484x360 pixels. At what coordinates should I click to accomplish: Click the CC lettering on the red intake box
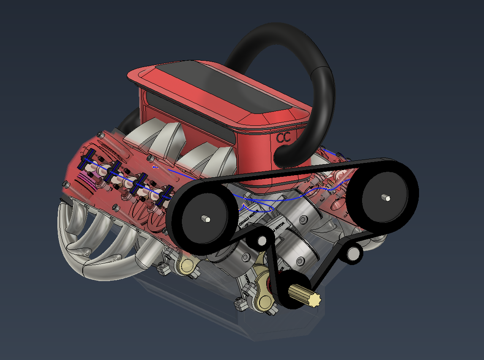click(284, 138)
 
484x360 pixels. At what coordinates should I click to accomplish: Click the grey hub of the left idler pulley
click(262, 241)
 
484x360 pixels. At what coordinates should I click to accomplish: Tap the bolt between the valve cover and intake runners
click(151, 159)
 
